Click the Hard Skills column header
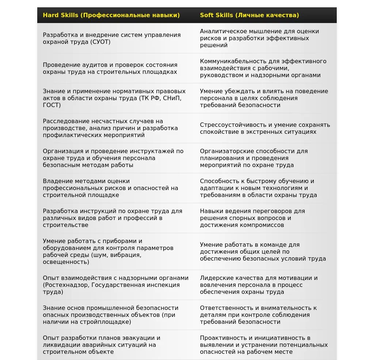point(111,15)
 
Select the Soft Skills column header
point(249,15)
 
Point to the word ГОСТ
point(52,105)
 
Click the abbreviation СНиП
point(172,98)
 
